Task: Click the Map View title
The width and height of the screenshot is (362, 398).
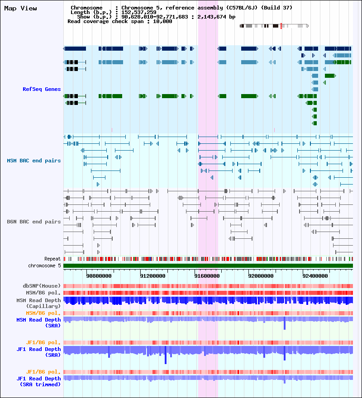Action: pyautogui.click(x=20, y=9)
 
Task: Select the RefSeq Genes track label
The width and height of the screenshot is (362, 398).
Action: pyautogui.click(x=42, y=89)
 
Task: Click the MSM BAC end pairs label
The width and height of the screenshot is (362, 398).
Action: pyautogui.click(x=34, y=161)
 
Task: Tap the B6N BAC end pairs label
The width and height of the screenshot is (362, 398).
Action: pyautogui.click(x=34, y=222)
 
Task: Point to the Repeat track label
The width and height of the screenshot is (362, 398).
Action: pyautogui.click(x=52, y=259)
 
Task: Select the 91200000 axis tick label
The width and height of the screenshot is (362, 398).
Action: pyautogui.click(x=152, y=275)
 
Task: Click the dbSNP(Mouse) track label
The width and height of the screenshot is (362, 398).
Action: pyautogui.click(x=42, y=286)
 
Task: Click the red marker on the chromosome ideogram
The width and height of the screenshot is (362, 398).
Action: pyautogui.click(x=281, y=26)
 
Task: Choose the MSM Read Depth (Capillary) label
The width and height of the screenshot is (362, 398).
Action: pyautogui.click(x=38, y=303)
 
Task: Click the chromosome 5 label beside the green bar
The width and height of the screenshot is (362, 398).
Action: pyautogui.click(x=44, y=265)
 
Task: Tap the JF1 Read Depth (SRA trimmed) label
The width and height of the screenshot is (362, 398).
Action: pyautogui.click(x=38, y=381)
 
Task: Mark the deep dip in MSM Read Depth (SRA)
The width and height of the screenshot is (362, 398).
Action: pyautogui.click(x=285, y=327)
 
